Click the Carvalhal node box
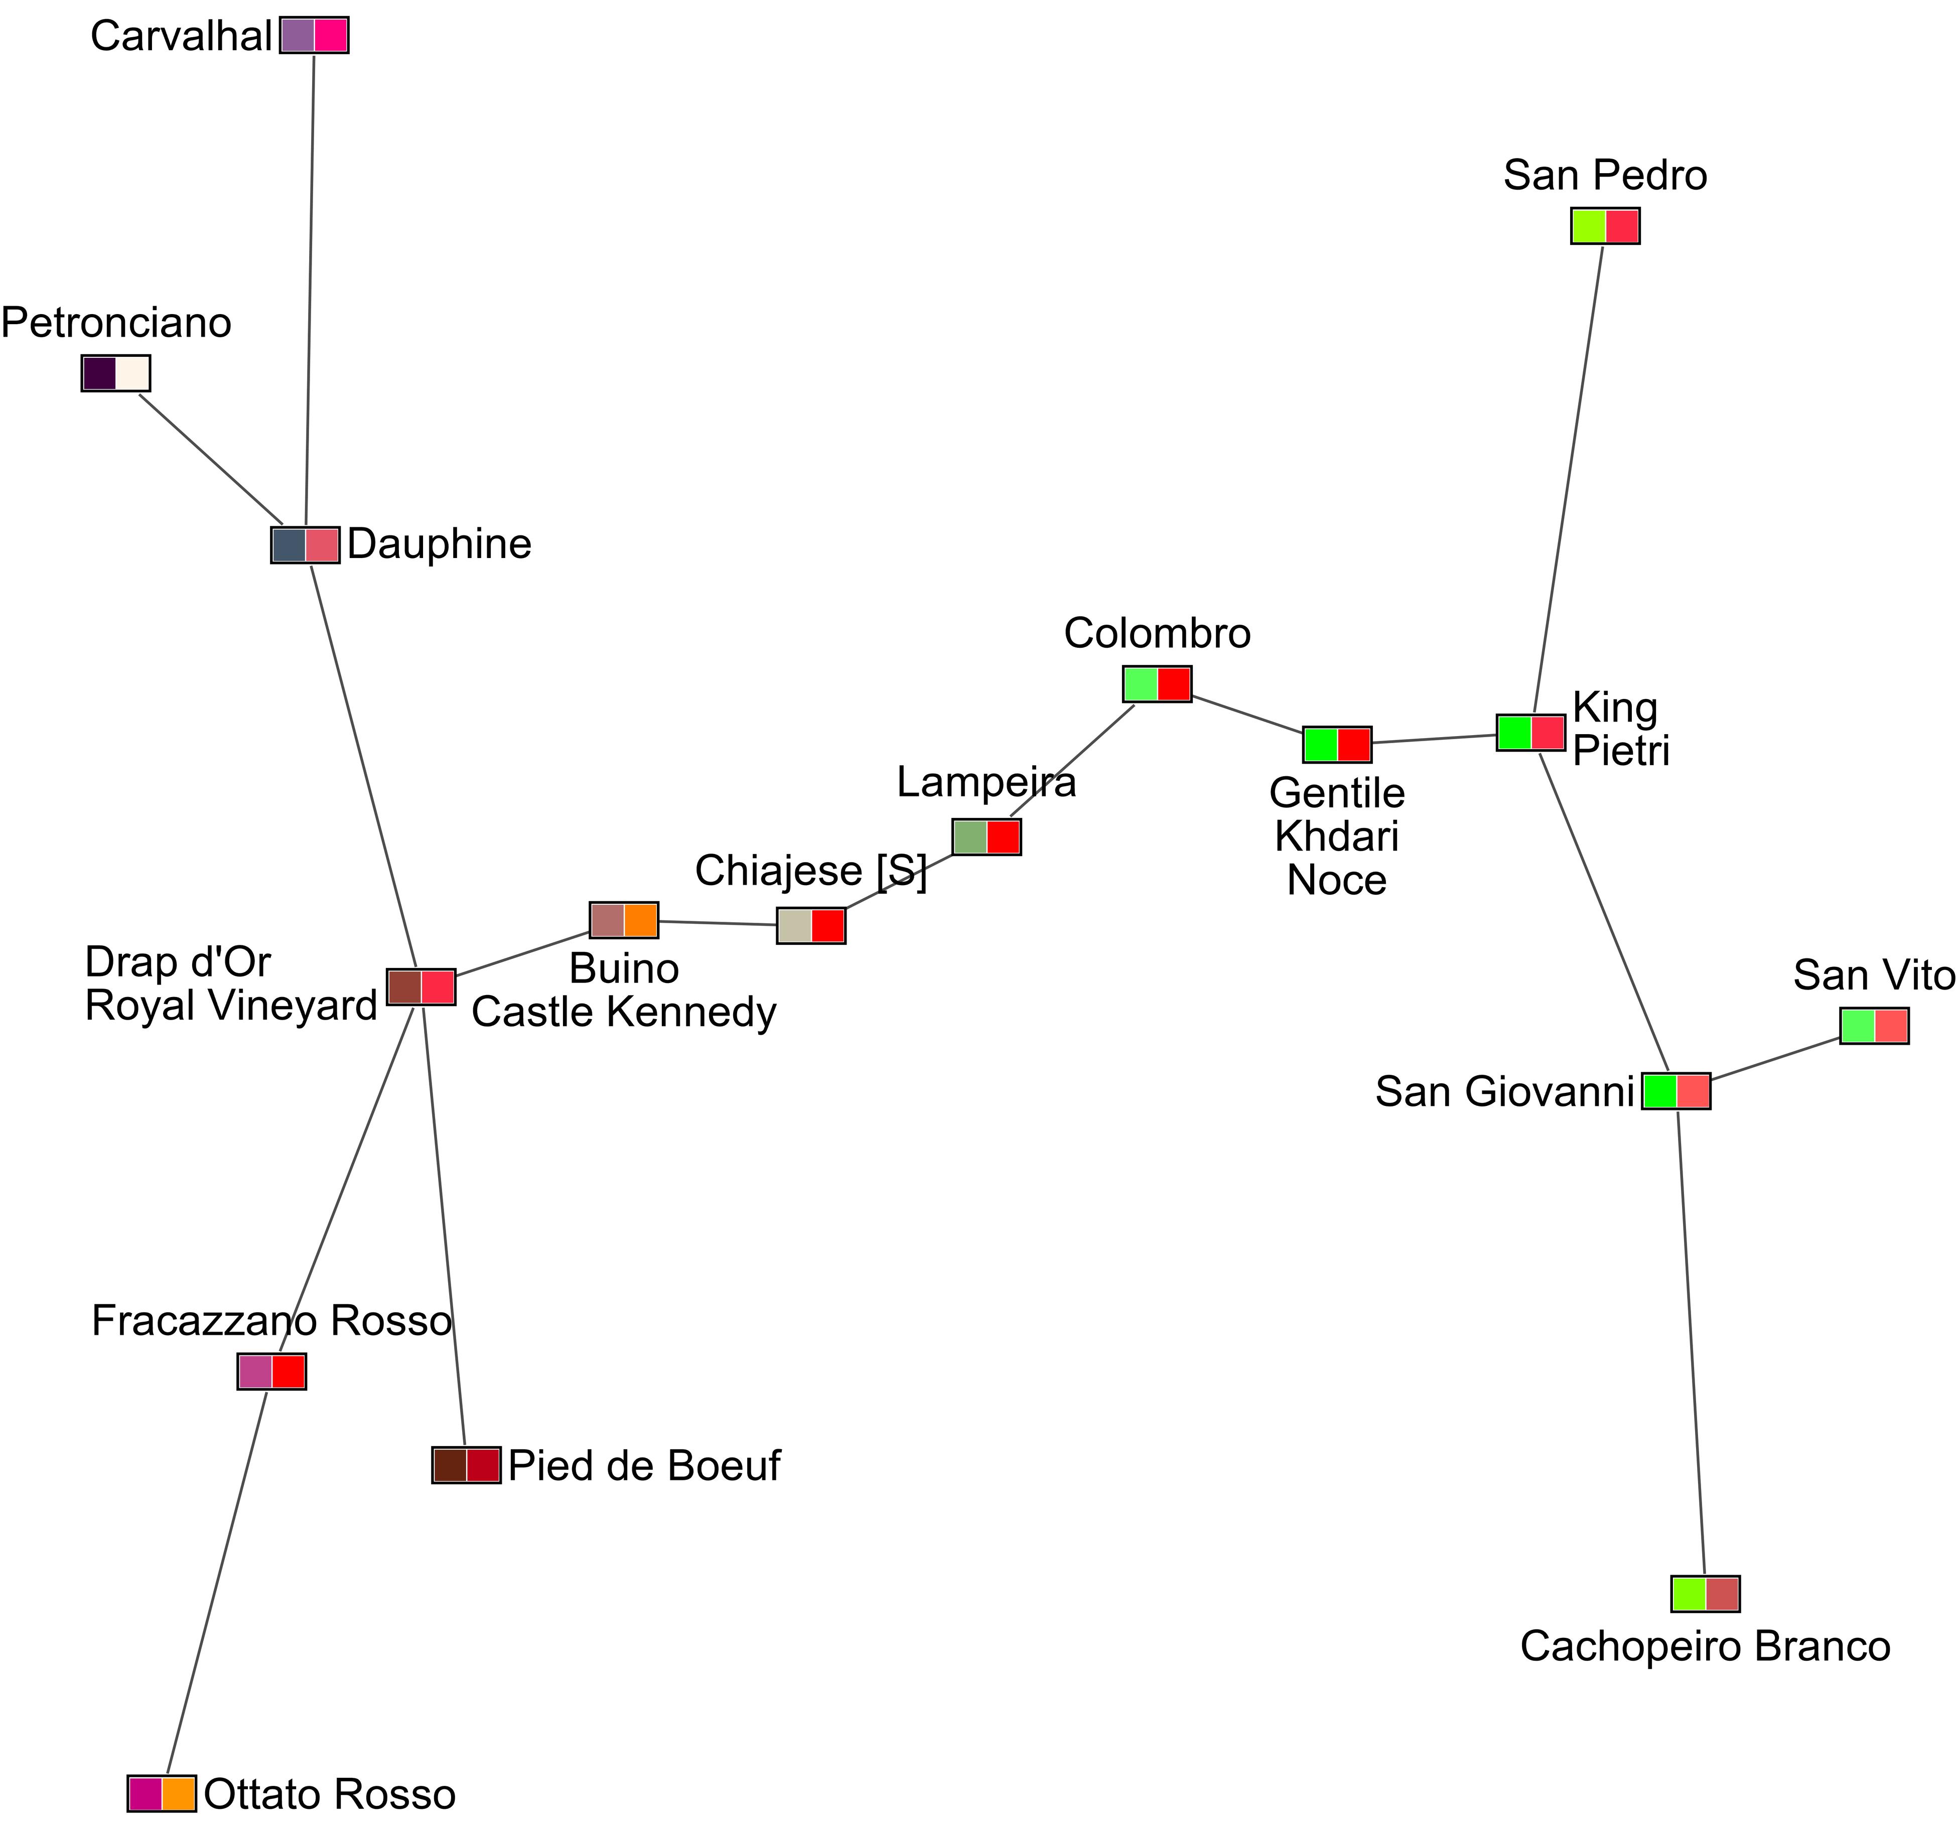[314, 36]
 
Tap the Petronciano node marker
[116, 374]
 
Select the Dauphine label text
[439, 544]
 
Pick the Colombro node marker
[1158, 684]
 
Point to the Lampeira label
[987, 783]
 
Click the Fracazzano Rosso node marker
[271, 1371]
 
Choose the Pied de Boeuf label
[644, 1466]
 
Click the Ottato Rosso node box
[163, 1793]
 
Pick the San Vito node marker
[1874, 1026]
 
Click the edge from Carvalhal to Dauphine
[310, 296]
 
